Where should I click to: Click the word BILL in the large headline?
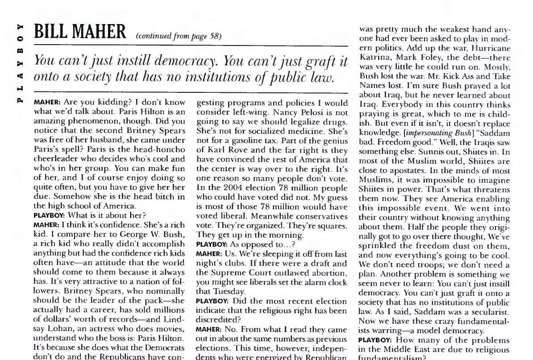(x=54, y=32)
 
